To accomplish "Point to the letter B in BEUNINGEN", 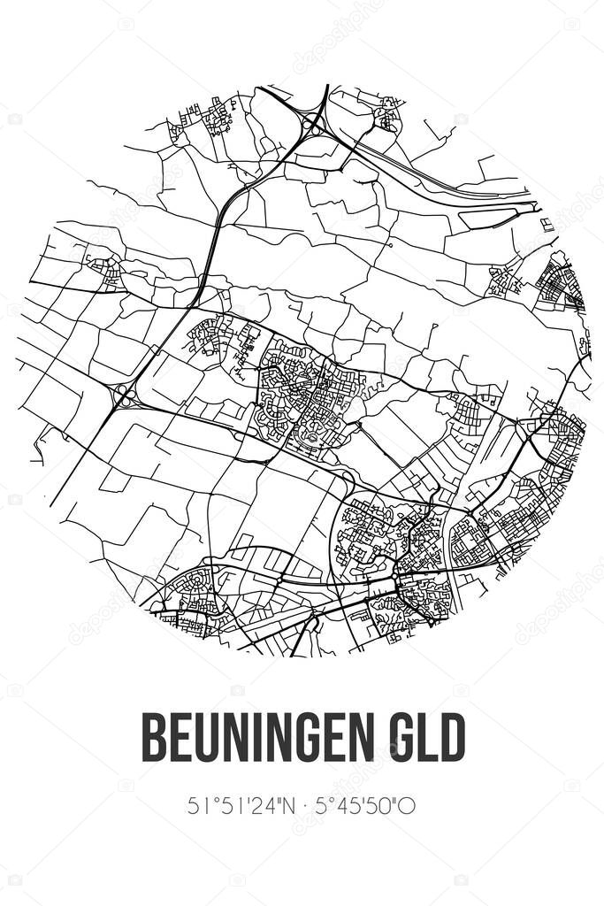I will point(154,737).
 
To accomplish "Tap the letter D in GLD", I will point(452,737).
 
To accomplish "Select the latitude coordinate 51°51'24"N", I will point(237,806).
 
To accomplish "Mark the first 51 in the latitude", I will point(197,806).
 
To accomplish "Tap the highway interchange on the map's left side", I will point(125,395).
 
